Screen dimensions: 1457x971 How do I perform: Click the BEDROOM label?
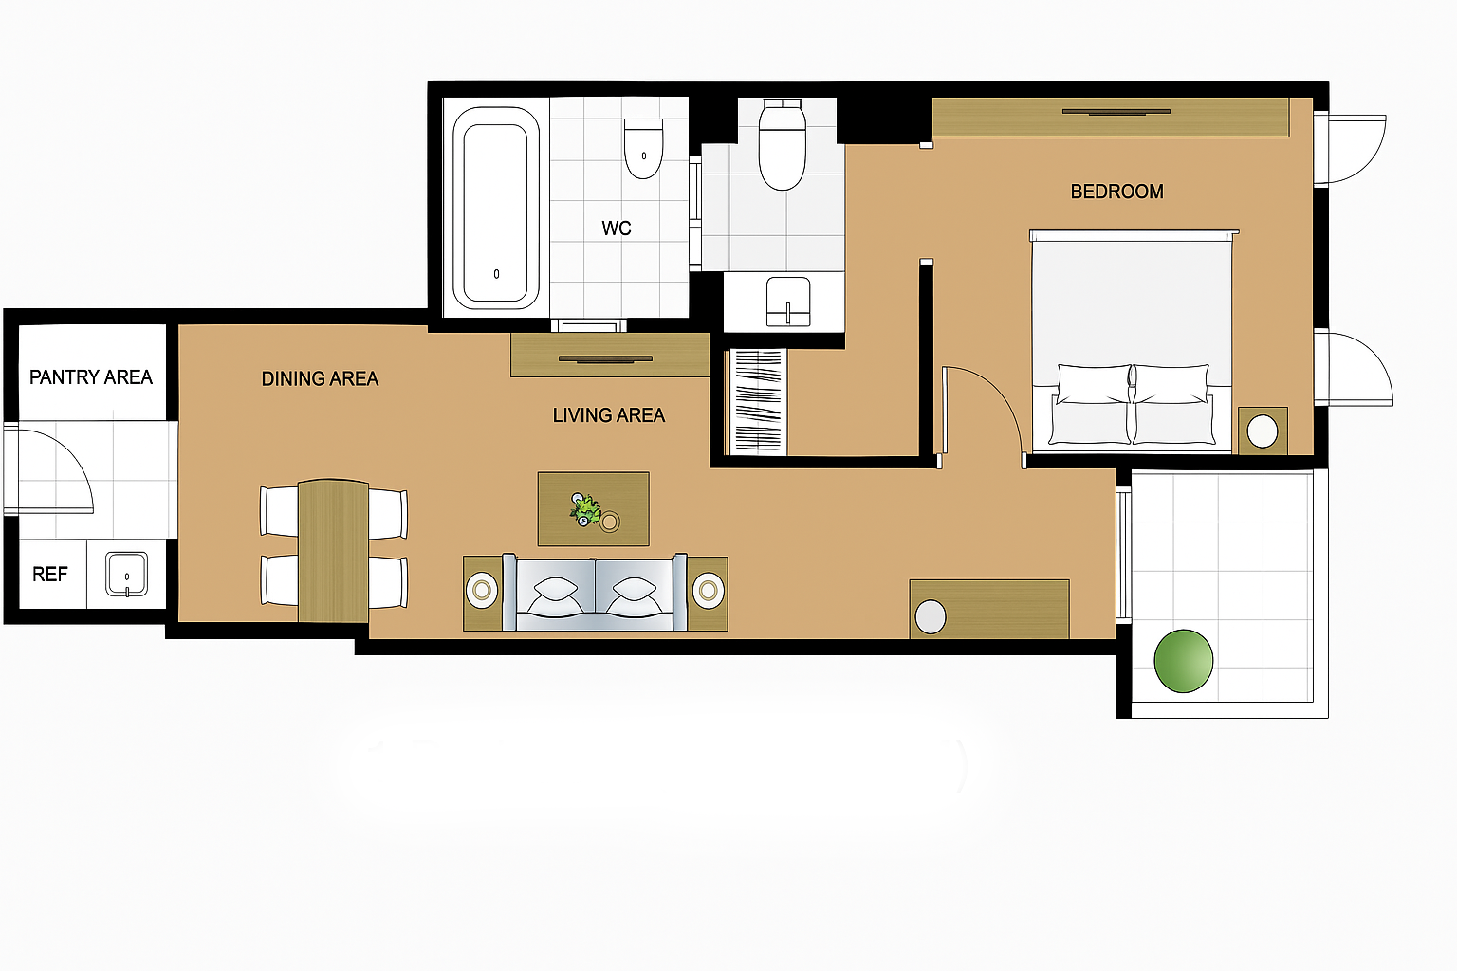click(1116, 192)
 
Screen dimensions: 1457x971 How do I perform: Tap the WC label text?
click(616, 229)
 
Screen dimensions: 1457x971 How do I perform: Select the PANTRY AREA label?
click(91, 377)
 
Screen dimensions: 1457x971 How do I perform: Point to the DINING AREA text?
click(320, 378)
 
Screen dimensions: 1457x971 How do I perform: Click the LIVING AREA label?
click(609, 415)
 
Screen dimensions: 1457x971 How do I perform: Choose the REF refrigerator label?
click(50, 575)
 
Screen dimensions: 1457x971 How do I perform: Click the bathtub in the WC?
click(496, 208)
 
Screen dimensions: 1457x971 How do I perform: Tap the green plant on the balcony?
click(1183, 661)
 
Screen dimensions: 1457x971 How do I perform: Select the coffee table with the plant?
click(593, 509)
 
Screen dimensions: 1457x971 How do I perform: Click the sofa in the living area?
click(595, 593)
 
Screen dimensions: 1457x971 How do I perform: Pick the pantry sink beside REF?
click(127, 575)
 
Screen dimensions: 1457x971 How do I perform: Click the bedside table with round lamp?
click(1263, 431)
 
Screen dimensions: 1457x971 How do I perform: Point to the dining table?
click(334, 551)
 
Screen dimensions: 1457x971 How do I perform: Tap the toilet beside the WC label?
click(643, 148)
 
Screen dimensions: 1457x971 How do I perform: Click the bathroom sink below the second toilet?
click(788, 302)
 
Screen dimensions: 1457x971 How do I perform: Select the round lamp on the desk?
click(931, 616)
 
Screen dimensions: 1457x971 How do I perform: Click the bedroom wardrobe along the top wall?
click(1111, 117)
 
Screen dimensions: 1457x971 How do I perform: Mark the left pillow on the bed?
click(1094, 384)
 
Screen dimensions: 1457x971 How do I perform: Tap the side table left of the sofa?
click(483, 594)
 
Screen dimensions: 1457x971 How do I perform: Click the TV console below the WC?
click(610, 355)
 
